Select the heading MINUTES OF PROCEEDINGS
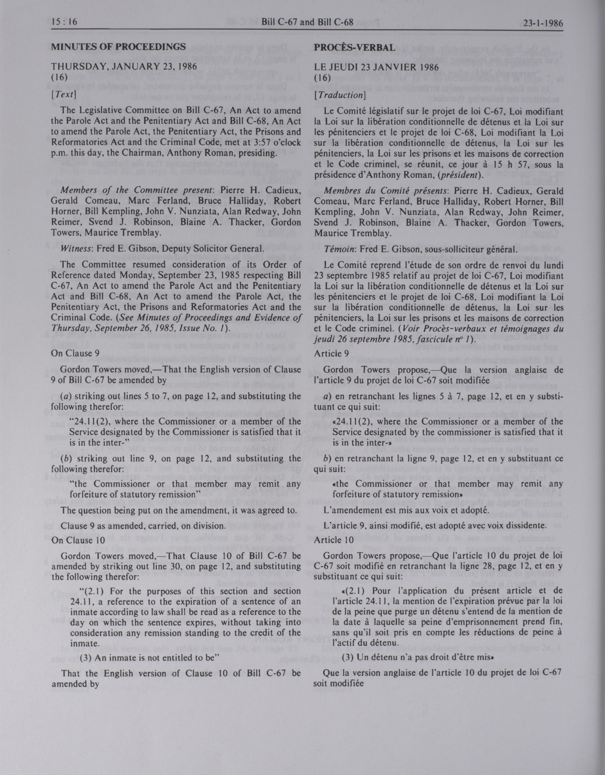pos(118,47)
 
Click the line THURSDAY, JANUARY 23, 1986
pos(124,67)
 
